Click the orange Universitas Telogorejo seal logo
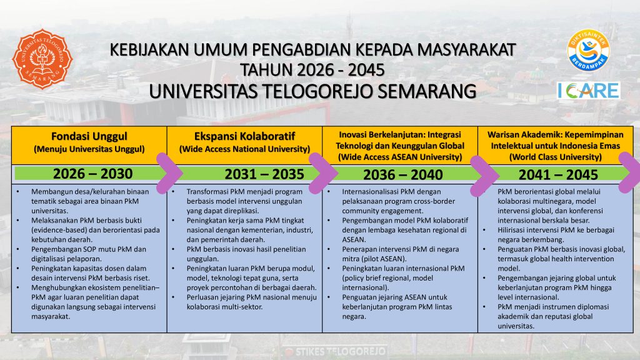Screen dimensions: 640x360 coord(42,59)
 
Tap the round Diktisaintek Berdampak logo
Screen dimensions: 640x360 coord(588,50)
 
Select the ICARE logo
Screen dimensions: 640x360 coord(589,91)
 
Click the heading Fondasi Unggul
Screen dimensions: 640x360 coord(89,136)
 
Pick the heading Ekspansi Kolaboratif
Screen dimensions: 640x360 coord(244,136)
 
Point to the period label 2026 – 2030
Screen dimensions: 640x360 coord(92,174)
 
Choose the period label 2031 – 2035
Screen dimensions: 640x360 coord(264,174)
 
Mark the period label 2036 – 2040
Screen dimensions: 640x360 coord(403,175)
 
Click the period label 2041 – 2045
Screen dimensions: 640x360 coord(558,175)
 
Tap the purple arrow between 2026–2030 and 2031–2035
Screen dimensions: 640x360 coord(168,173)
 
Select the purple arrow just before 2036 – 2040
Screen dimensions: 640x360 coord(323,173)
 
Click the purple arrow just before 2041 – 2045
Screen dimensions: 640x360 coord(484,176)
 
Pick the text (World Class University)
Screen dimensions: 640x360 coord(555,157)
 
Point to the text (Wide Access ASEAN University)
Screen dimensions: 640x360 coord(400,157)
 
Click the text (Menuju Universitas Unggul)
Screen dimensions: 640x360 coord(89,149)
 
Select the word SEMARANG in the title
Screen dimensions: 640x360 coord(426,91)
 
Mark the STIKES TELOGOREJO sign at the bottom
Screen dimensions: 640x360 coord(336,351)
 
